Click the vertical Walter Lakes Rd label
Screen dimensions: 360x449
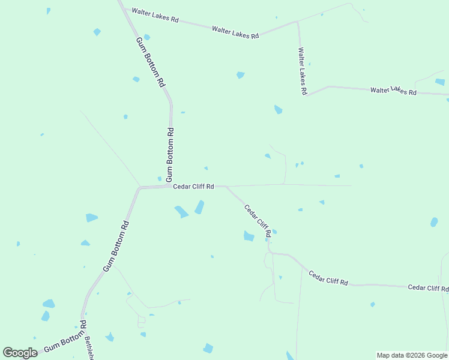point(303,72)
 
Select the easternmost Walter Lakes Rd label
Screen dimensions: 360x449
point(393,91)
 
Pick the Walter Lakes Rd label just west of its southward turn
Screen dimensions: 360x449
point(235,32)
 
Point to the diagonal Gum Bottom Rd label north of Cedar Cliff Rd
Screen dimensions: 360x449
point(150,63)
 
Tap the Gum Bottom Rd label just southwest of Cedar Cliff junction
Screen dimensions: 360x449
point(116,247)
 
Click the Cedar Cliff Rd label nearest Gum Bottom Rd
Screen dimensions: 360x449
point(193,187)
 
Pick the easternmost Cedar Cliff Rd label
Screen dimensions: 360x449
point(428,288)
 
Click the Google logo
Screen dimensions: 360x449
point(20,353)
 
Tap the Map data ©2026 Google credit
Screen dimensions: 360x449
point(412,355)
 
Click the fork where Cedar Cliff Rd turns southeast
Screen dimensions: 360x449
point(226,186)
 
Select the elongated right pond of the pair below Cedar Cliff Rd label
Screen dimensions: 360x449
point(199,208)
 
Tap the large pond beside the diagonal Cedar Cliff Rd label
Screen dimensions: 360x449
point(249,236)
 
